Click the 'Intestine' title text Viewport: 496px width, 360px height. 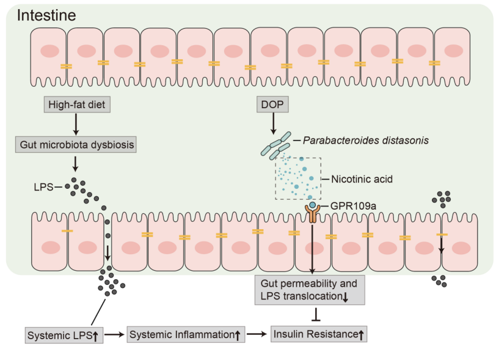[46, 15]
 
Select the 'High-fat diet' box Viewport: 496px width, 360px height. [77, 105]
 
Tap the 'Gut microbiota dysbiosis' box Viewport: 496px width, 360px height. [76, 145]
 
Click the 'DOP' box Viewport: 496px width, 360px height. [272, 104]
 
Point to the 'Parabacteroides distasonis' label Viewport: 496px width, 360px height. [366, 140]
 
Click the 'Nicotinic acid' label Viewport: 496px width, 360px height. [362, 179]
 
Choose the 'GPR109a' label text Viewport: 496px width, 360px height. [353, 206]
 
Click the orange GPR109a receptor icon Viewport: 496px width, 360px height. [313, 213]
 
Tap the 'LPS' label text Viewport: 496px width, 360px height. [43, 187]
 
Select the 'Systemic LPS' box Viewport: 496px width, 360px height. [64, 336]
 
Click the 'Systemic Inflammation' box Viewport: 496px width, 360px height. [186, 335]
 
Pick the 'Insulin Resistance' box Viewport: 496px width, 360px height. [319, 334]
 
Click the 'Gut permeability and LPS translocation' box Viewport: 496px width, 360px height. [310, 290]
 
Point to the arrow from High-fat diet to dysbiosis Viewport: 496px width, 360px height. [76, 125]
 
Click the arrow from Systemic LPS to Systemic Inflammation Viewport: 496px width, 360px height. [114, 334]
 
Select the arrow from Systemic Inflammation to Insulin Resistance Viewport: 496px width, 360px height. [257, 334]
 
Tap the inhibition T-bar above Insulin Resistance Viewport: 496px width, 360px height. [316, 314]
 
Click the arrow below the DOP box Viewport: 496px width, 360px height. [273, 123]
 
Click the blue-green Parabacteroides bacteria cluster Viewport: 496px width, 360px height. [275, 146]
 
